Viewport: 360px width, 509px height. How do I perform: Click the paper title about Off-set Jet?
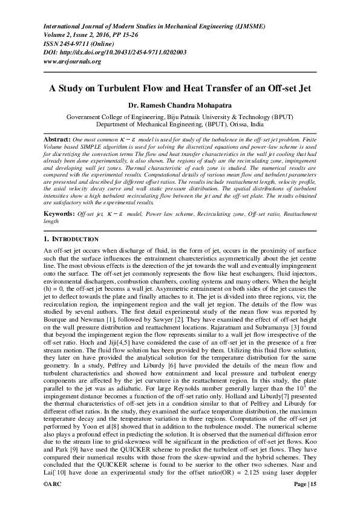coord(180,88)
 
